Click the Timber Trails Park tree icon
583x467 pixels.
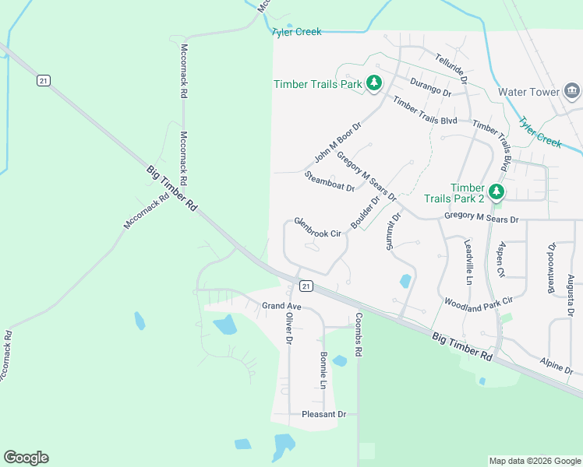(x=374, y=83)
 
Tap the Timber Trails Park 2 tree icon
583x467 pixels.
(x=496, y=191)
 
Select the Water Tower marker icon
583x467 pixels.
(x=572, y=91)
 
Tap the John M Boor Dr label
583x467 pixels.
(x=338, y=141)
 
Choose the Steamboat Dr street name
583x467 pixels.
(x=330, y=181)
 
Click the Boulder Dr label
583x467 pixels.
(x=365, y=212)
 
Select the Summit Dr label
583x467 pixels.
(x=393, y=230)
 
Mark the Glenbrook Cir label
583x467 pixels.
(x=318, y=228)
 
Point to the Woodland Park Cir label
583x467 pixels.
(x=479, y=301)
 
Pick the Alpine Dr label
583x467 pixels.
(x=556, y=364)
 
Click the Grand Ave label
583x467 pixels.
(x=281, y=306)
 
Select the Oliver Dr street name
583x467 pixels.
(x=289, y=328)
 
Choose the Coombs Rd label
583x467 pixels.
(x=359, y=335)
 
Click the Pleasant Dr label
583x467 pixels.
(x=323, y=414)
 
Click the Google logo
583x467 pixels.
(x=26, y=458)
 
